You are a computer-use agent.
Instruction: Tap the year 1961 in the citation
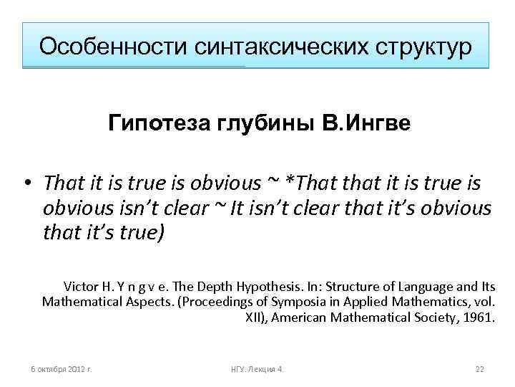[x=478, y=317]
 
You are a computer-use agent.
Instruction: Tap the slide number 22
[x=480, y=369]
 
